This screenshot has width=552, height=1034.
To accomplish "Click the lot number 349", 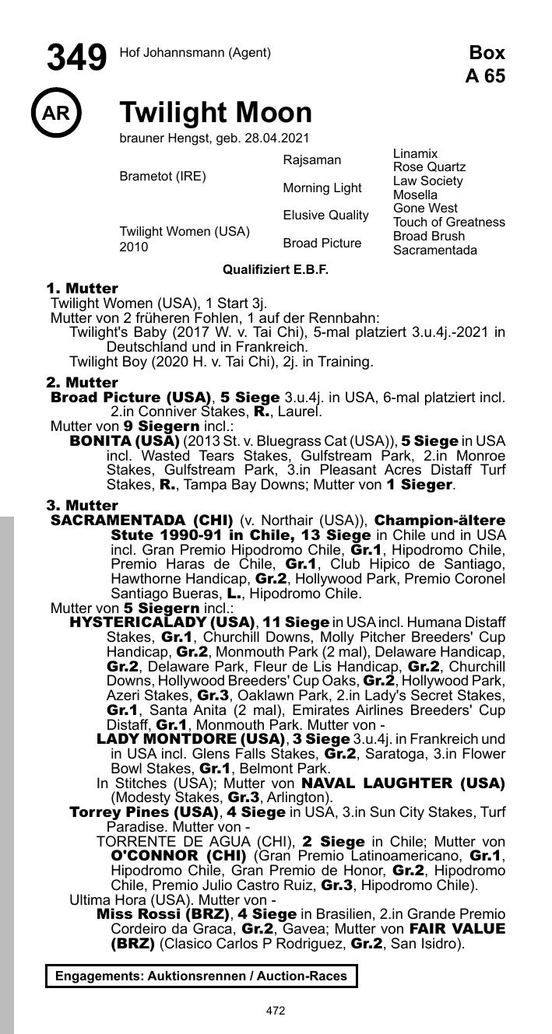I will click(x=76, y=58).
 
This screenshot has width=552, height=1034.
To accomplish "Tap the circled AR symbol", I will click(x=56, y=114).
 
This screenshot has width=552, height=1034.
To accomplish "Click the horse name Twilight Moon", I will click(x=216, y=114).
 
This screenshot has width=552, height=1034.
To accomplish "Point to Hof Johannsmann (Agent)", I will click(x=195, y=53).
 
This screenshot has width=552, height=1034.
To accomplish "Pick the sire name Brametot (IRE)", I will click(x=163, y=176).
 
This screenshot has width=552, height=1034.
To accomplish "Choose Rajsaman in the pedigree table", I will click(x=311, y=160).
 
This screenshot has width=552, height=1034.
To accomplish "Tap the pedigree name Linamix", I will click(x=415, y=154).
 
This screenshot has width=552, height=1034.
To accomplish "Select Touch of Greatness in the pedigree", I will click(x=448, y=223).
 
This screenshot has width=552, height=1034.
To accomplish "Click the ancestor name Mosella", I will click(x=415, y=195).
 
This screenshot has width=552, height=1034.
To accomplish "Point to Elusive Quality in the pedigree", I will click(x=325, y=216).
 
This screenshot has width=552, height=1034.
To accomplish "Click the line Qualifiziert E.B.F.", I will click(x=276, y=270).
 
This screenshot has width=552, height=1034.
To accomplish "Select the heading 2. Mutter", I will click(x=82, y=383).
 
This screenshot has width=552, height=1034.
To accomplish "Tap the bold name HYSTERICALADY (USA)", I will click(x=163, y=622).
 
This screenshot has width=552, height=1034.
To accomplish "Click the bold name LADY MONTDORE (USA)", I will click(x=191, y=738).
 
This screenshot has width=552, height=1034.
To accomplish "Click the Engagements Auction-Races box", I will click(x=201, y=976).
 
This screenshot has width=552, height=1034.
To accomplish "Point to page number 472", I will click(x=276, y=1011).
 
